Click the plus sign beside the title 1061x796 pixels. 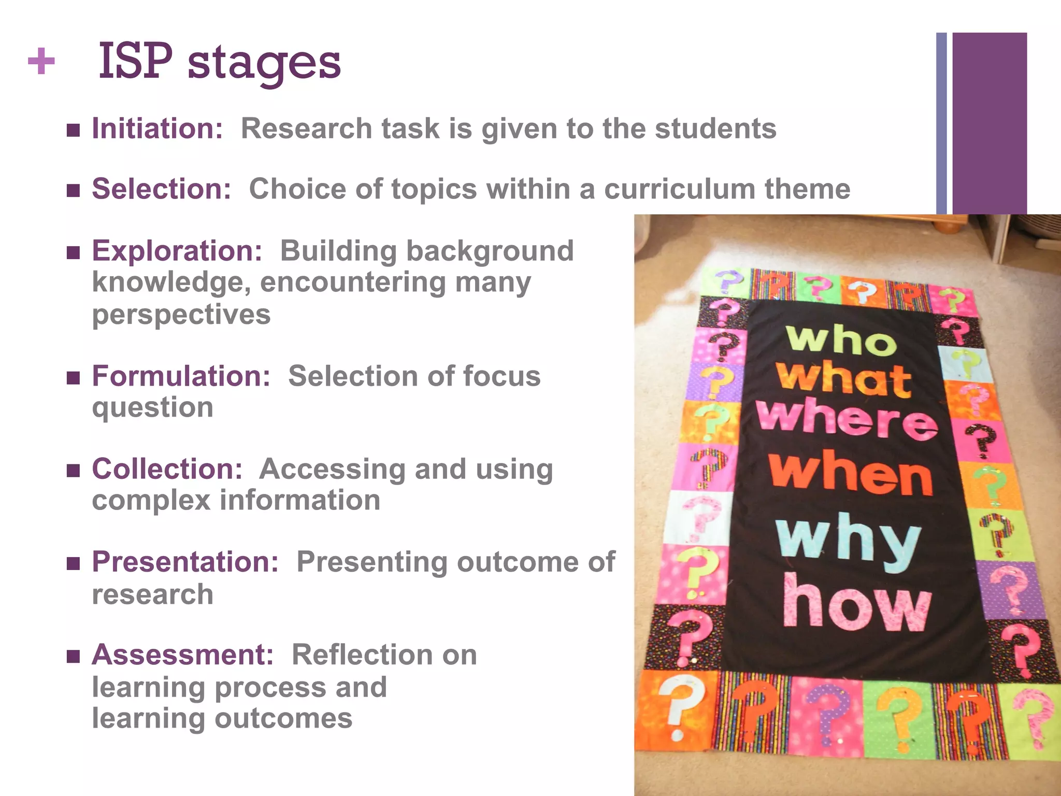click(x=41, y=62)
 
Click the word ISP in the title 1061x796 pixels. click(x=135, y=62)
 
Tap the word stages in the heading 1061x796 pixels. click(x=264, y=65)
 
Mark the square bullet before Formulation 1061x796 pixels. click(x=74, y=378)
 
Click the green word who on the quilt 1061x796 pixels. click(x=841, y=340)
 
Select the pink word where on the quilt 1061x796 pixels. click(x=847, y=420)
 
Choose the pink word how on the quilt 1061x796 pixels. click(x=857, y=604)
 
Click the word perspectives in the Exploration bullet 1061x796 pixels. click(x=181, y=315)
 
